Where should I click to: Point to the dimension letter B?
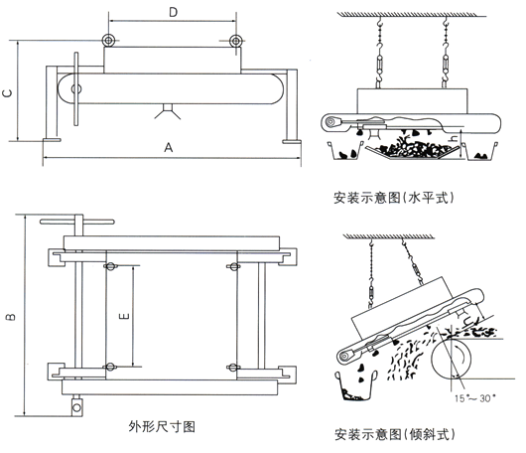click(x=9, y=318)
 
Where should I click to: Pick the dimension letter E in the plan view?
click(x=121, y=315)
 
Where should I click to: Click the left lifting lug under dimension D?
click(x=108, y=41)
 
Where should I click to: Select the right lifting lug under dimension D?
click(x=235, y=41)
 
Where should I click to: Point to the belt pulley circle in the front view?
click(x=76, y=90)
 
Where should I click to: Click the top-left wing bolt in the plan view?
click(x=108, y=265)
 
